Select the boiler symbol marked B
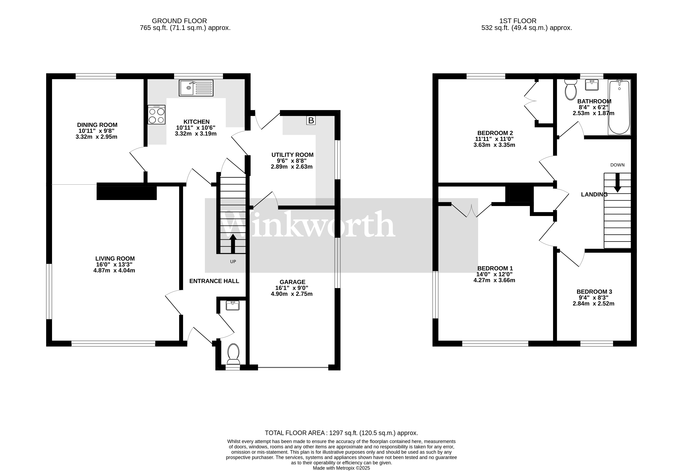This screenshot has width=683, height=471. [x=311, y=120]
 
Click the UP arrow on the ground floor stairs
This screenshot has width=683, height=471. [x=233, y=243]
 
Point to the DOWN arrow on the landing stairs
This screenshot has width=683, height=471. [x=617, y=183]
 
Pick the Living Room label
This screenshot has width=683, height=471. [x=115, y=259]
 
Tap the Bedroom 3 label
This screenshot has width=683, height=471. [x=594, y=292]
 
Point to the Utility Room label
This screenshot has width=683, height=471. [x=292, y=155]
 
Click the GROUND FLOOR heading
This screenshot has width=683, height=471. [x=179, y=21]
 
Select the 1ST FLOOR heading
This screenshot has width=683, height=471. [x=518, y=21]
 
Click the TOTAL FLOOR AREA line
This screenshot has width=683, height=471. [x=341, y=433]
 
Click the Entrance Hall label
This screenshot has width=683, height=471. [x=214, y=281]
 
